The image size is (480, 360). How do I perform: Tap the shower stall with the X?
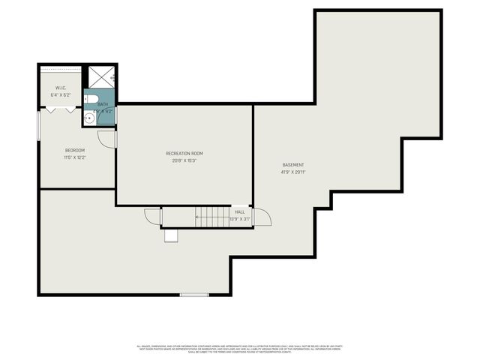[99, 77]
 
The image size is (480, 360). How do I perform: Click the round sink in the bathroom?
[88, 118]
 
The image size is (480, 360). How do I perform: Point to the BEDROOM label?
[74, 150]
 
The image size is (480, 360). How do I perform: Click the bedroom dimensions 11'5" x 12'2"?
[74, 157]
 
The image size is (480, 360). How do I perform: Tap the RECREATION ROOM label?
[184, 153]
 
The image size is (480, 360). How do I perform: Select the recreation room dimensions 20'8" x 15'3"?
[184, 160]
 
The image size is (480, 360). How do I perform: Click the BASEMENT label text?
[293, 165]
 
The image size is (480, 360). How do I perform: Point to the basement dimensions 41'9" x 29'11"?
[293, 172]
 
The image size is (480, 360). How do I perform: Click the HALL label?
[240, 212]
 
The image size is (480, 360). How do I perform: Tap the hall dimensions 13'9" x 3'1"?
[240, 219]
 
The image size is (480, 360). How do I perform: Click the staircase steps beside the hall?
[213, 217]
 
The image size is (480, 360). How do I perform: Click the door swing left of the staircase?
[153, 216]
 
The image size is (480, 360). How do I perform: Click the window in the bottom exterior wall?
[194, 295]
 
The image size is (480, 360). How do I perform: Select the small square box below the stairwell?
[172, 236]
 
